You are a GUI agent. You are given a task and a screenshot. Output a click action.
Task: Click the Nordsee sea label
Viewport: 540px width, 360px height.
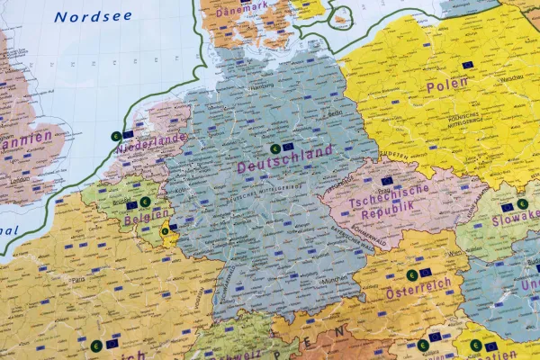point(92,16)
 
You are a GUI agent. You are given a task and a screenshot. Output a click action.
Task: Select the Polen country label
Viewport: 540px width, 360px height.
point(448,85)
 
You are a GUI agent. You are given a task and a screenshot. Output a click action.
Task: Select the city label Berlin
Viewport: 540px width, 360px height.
point(335,113)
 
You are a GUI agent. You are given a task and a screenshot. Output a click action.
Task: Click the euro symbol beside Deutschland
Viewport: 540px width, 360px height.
point(274,148)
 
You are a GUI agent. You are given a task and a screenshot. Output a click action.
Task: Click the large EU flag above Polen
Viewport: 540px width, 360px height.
point(467,65)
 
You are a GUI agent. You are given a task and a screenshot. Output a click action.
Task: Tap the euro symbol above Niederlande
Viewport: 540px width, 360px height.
point(115,136)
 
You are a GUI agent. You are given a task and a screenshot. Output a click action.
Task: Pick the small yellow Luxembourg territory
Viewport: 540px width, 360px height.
point(165,233)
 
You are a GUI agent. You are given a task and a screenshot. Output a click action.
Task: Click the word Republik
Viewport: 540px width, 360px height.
point(390,209)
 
